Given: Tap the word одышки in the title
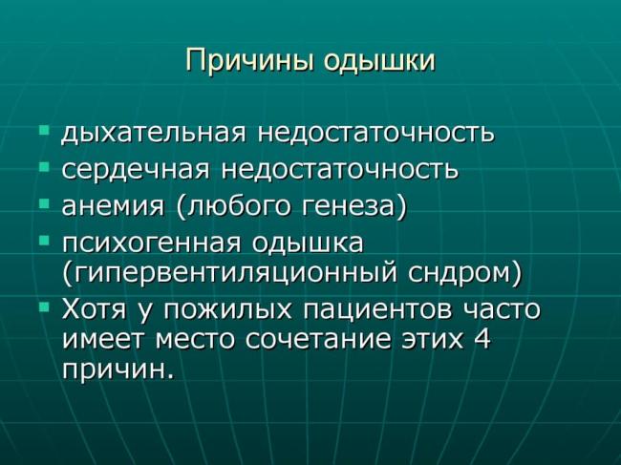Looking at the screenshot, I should [380, 61].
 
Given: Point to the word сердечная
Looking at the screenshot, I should [138, 170].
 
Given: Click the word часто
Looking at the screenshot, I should [503, 310].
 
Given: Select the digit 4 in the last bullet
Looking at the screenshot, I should [481, 340].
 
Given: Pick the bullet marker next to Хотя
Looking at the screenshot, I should [44, 307].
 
